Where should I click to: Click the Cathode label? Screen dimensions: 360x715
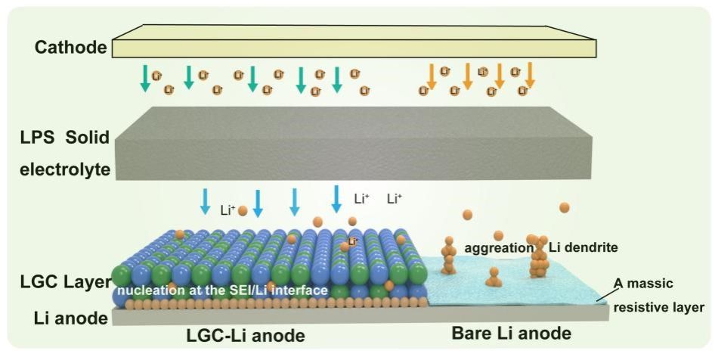pos(70,48)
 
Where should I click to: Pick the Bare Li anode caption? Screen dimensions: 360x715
pos(511,334)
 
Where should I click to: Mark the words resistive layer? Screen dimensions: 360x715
pos(658,307)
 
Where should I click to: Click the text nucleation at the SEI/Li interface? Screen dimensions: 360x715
pos(220,290)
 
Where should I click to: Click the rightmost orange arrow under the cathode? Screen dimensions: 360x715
pos(530,75)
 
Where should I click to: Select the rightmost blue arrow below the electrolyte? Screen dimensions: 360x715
pos(336,199)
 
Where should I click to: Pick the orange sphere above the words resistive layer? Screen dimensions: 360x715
pos(564,207)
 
